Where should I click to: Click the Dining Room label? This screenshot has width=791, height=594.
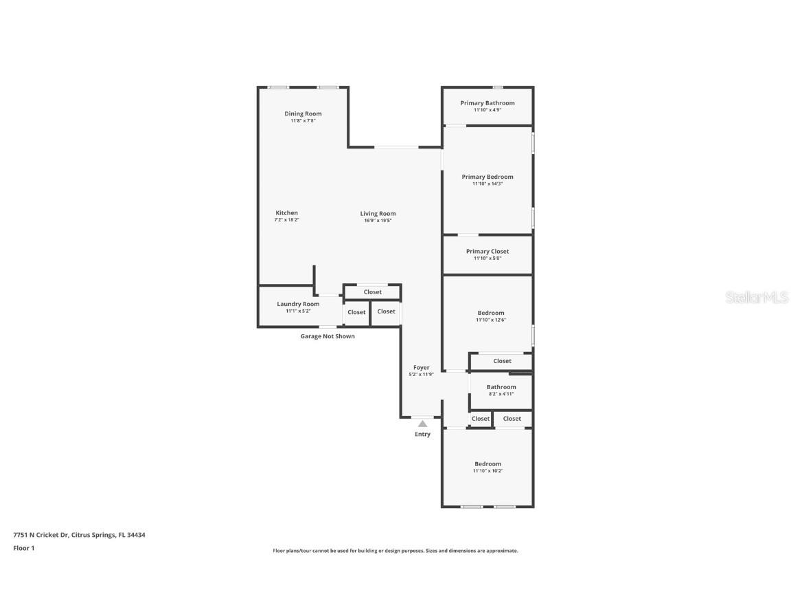303,113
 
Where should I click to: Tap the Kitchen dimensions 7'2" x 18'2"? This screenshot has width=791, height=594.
287,219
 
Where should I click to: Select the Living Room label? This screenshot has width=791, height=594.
378,213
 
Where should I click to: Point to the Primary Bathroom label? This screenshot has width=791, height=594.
487,103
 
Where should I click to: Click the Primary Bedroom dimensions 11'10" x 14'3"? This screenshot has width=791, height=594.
488,184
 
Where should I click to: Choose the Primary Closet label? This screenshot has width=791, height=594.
488,252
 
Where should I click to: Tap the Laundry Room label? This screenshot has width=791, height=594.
298,304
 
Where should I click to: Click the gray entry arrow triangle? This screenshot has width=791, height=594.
422,423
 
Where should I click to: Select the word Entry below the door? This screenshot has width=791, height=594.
422,434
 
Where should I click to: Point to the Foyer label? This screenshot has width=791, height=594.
421,368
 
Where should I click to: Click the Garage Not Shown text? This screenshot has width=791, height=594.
328,336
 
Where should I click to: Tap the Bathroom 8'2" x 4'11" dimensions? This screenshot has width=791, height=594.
501,394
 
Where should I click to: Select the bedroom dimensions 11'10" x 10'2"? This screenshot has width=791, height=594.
488,471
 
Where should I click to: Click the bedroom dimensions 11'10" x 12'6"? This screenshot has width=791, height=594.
491,320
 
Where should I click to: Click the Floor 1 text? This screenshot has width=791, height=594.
23,548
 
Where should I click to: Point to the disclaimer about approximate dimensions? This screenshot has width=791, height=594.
395,551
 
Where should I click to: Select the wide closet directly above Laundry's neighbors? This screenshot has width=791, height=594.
372,292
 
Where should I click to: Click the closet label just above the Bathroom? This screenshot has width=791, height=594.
502,361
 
